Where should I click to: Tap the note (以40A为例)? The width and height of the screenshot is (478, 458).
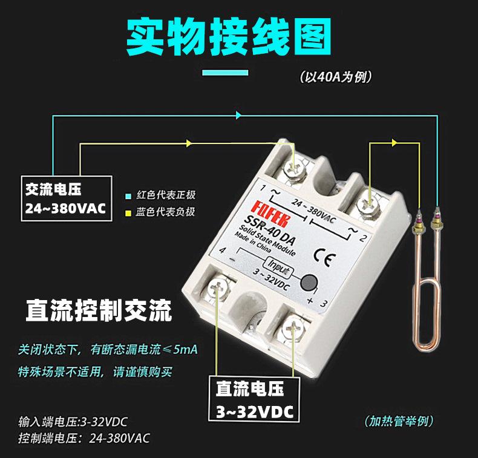pyautogui.click(x=335, y=77)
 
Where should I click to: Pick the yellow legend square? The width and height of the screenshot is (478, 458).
pyautogui.click(x=127, y=212)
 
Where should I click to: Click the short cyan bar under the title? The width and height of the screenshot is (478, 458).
pyautogui.click(x=225, y=74)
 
